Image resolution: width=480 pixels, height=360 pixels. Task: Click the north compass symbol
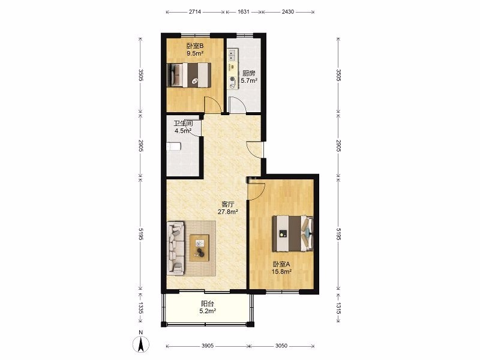click(x=141, y=342)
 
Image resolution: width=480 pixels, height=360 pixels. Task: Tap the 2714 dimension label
click(x=194, y=12)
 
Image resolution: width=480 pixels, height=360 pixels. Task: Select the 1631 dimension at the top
click(x=244, y=12)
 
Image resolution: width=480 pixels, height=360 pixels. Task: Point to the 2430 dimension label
click(x=288, y=12)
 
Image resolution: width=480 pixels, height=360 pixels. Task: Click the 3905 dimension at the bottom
click(x=207, y=346)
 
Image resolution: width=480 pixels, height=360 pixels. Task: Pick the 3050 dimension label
click(x=281, y=346)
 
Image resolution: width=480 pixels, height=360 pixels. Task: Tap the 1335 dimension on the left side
click(x=140, y=308)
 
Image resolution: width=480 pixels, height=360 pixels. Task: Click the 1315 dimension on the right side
click(x=338, y=308)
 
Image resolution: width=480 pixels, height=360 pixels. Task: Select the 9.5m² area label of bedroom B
click(x=196, y=53)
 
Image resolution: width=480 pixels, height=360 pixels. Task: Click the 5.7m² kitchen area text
click(x=249, y=81)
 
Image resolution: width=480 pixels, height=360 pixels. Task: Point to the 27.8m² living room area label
click(x=228, y=212)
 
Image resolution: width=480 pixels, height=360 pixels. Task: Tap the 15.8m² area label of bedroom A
click(x=281, y=272)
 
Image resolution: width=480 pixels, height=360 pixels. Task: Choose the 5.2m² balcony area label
click(x=208, y=311)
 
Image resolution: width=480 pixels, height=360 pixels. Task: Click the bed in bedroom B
click(x=189, y=75)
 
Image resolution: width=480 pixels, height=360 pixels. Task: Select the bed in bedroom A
click(x=293, y=233)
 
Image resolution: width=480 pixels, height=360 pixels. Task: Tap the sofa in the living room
click(x=176, y=248)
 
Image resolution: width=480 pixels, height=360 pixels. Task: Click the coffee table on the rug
click(x=199, y=248)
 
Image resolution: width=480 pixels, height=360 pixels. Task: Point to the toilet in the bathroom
click(x=173, y=146)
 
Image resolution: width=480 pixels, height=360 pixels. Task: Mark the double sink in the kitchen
click(x=232, y=55)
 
